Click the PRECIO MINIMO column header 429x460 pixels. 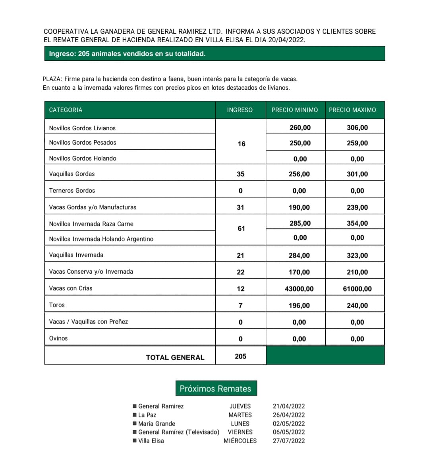(x=295, y=110)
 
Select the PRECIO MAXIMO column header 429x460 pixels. (x=352, y=110)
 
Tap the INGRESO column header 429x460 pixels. (x=240, y=110)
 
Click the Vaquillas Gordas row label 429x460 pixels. (x=72, y=174)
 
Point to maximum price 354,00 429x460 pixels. (x=357, y=223)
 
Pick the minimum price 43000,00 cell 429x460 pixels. (x=299, y=289)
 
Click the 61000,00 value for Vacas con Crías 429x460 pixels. (x=357, y=289)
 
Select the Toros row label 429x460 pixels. (x=57, y=305)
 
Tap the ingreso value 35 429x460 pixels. (x=240, y=174)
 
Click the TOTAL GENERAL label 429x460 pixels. (x=175, y=358)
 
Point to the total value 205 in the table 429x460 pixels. (x=240, y=356)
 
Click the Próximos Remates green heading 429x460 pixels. (x=215, y=388)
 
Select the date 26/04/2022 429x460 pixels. (x=289, y=415)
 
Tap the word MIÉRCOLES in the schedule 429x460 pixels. (x=240, y=441)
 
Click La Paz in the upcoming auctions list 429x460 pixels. (x=147, y=415)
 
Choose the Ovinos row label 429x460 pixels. (x=58, y=338)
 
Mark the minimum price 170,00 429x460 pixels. (x=299, y=272)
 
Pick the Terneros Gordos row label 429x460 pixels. (x=72, y=191)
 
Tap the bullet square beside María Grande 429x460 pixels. (x=135, y=423)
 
